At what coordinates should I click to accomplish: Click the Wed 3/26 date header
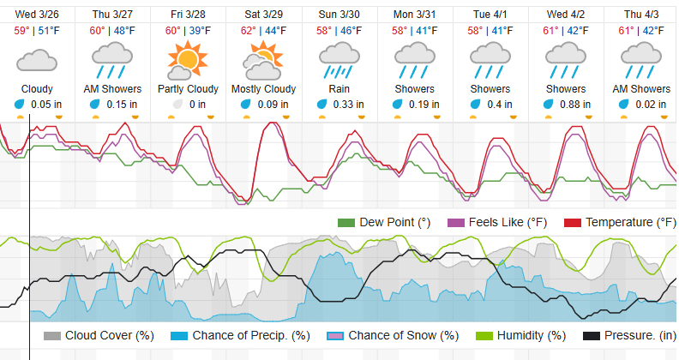point(37,14)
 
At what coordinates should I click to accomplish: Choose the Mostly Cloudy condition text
point(264,89)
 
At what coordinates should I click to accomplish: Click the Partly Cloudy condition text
point(188,89)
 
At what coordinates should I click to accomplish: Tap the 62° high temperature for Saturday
point(249,31)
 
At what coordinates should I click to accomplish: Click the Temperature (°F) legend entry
point(620,223)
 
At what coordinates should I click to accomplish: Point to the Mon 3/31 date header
point(415,14)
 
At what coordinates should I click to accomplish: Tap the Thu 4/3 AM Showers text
point(641,89)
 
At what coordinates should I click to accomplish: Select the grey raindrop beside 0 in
point(177,104)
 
